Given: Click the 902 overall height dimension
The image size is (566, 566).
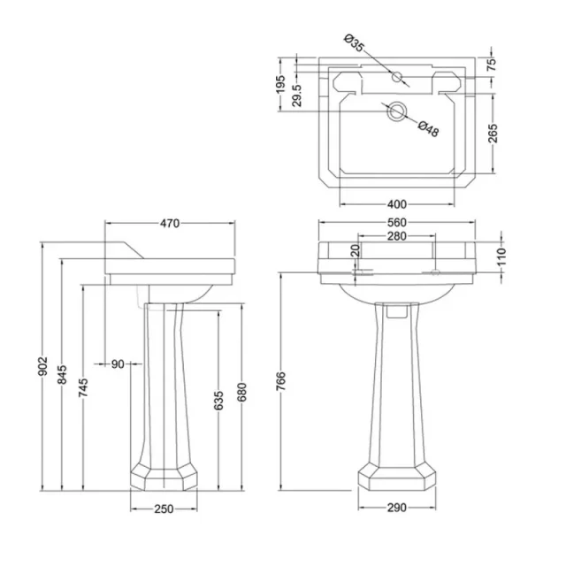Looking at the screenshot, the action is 43,366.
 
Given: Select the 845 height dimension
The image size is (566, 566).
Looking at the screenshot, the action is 63,375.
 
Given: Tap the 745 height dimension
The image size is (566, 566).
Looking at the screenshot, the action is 83,387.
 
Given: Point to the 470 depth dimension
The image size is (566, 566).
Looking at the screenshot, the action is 170,224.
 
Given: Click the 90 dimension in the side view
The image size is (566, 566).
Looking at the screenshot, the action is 118,364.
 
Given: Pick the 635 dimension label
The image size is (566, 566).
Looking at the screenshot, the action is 218,401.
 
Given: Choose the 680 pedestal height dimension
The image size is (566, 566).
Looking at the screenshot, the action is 241,393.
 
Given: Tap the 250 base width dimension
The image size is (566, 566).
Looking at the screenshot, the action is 164,509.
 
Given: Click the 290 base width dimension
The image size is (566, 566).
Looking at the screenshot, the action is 397,508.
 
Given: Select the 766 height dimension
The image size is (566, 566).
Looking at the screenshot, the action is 281,381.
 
